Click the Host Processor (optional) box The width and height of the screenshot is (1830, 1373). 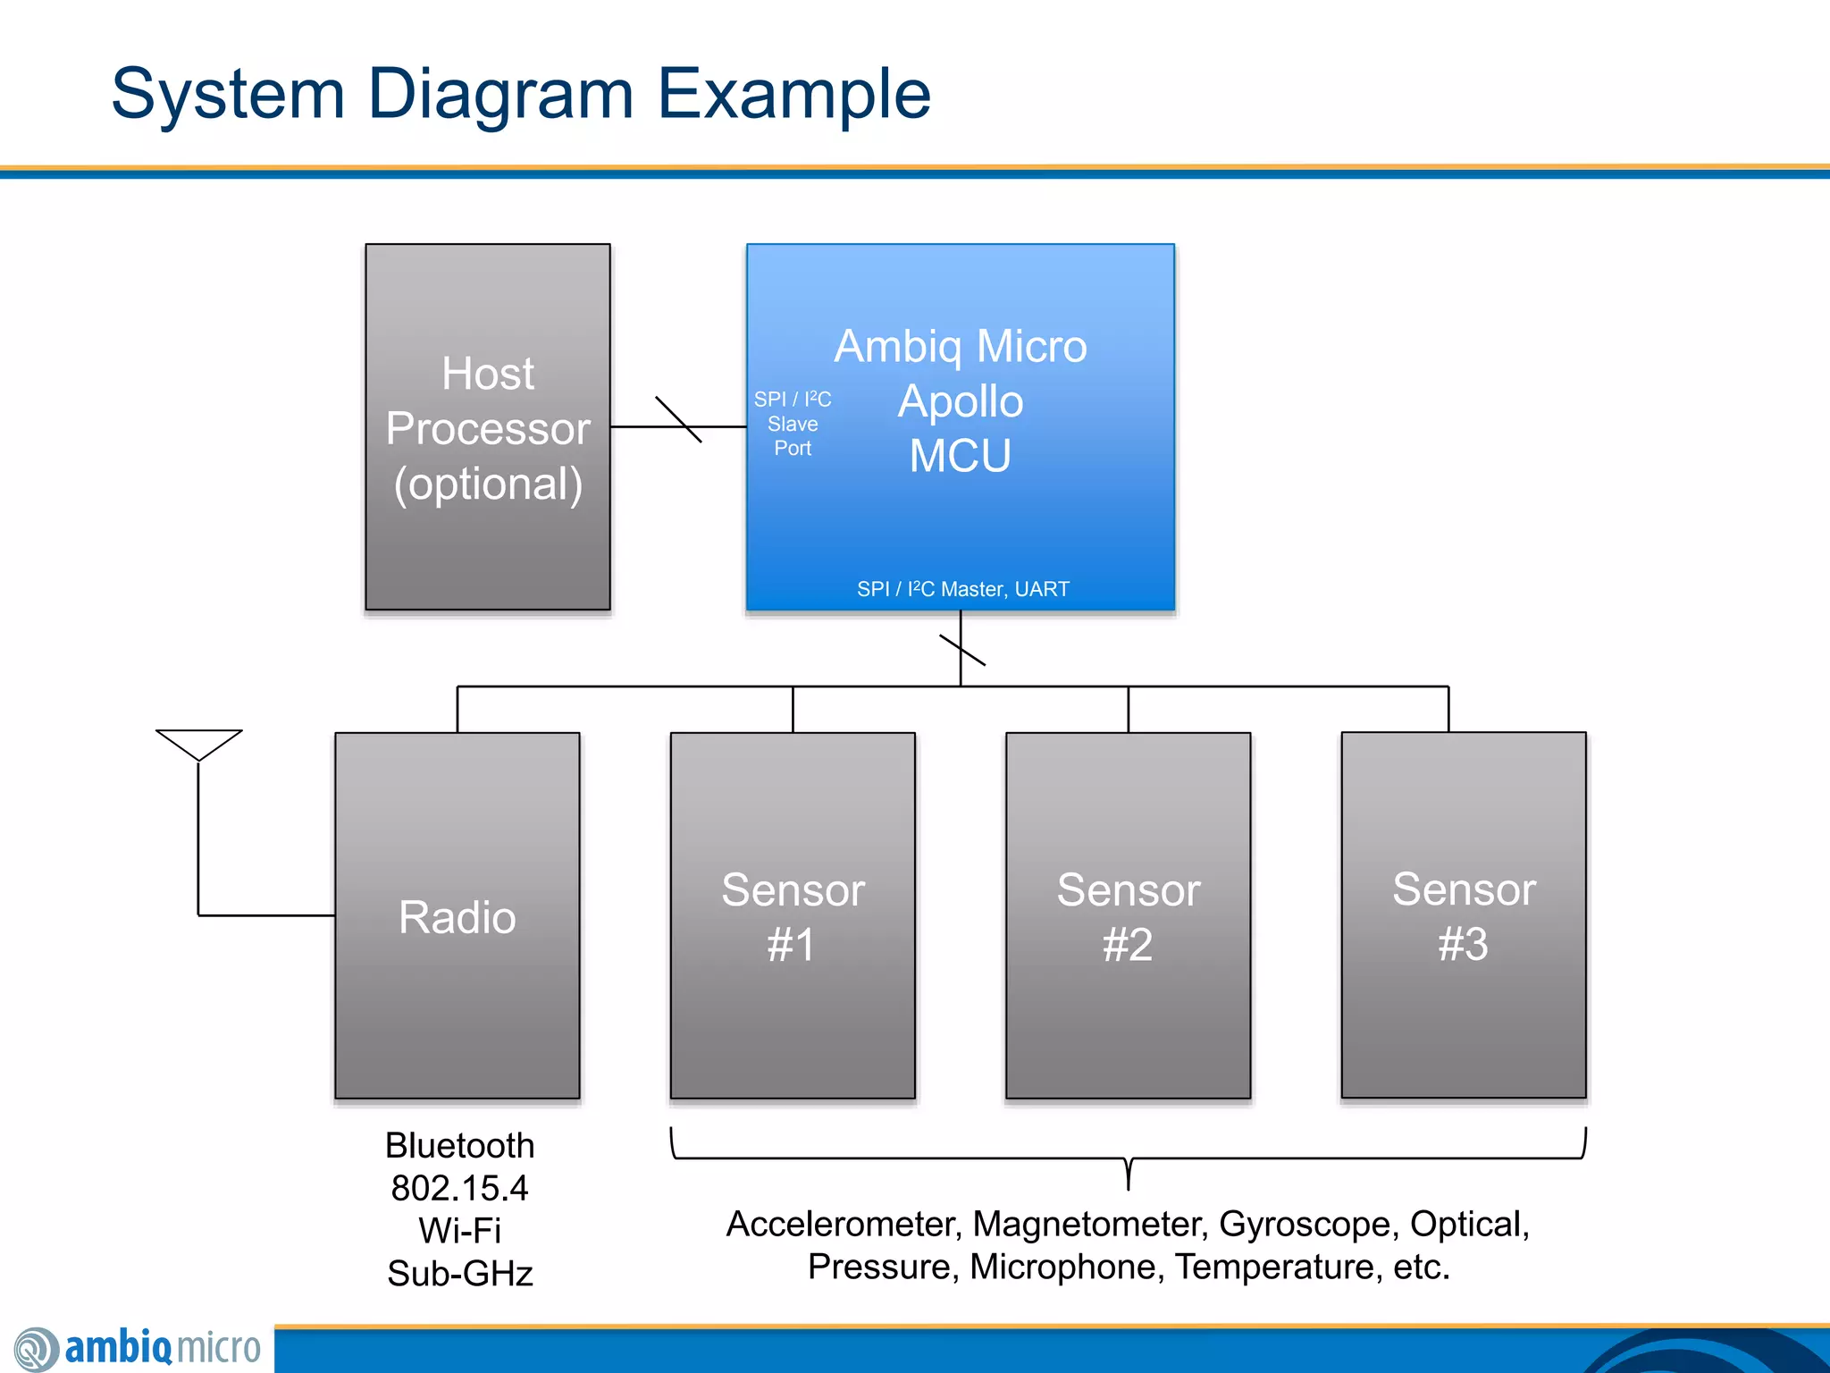(x=488, y=427)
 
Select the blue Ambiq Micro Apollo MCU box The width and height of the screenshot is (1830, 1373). (x=961, y=501)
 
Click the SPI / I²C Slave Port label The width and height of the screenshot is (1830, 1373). (x=793, y=424)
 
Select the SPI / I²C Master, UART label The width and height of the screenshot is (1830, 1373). (x=962, y=589)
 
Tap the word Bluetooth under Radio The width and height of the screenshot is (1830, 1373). (x=459, y=1146)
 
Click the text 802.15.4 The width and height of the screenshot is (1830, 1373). (x=459, y=1189)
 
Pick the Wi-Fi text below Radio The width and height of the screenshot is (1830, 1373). (x=459, y=1231)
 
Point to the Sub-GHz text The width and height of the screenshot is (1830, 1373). (x=459, y=1274)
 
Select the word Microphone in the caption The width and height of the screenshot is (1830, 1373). (x=1067, y=1268)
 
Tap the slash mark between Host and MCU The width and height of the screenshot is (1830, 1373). (x=678, y=419)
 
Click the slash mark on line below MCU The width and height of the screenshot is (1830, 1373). (x=962, y=650)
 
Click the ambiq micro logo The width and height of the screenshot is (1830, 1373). (x=139, y=1348)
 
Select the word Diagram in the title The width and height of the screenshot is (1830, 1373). (x=500, y=94)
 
